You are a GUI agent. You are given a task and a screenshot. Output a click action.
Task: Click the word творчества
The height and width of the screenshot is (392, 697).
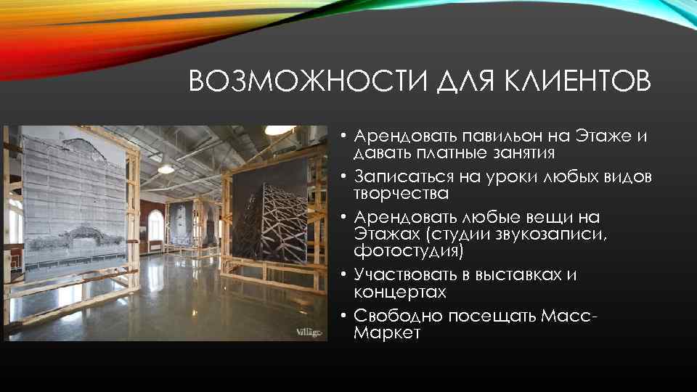[401, 194]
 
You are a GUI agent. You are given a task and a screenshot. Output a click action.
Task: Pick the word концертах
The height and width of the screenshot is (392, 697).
[400, 293]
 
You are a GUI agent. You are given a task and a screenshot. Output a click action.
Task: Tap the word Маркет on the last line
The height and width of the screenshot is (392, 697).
[387, 333]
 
